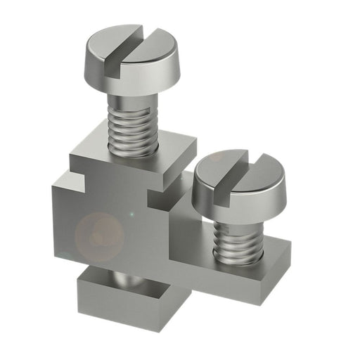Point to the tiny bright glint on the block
[129, 213]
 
